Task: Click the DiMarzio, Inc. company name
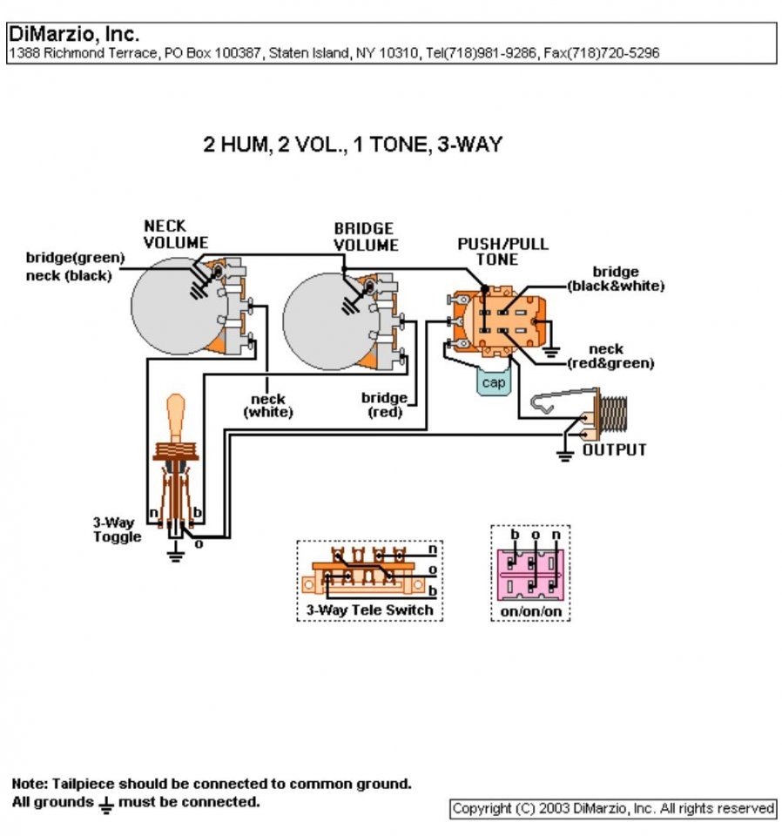point(74,34)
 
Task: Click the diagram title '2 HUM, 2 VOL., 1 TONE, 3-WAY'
point(353,144)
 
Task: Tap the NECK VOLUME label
point(175,234)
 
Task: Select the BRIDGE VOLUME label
point(367,237)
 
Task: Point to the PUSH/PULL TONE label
point(502,252)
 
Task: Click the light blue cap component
point(494,381)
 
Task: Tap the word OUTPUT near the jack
point(614,449)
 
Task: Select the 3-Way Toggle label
point(118,529)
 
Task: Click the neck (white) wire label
point(268,405)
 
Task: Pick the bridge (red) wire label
point(384,405)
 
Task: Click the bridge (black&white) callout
point(616,279)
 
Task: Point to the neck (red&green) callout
point(610,356)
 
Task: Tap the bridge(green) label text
point(75,258)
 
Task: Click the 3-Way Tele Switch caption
point(369,610)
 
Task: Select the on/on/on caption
point(531,611)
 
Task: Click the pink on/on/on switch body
point(530,575)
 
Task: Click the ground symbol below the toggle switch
point(175,555)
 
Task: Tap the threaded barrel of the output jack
point(614,413)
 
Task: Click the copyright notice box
point(613,809)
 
